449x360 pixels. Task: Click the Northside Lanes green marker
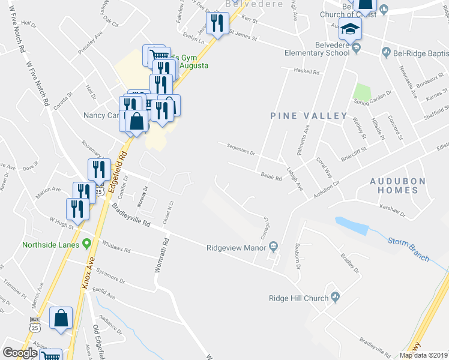click(86, 244)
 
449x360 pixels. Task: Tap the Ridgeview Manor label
click(236, 247)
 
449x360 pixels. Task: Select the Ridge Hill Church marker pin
click(335, 296)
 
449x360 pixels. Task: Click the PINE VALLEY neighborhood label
click(309, 115)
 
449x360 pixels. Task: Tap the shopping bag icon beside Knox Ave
click(61, 319)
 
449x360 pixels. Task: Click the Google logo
click(20, 352)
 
